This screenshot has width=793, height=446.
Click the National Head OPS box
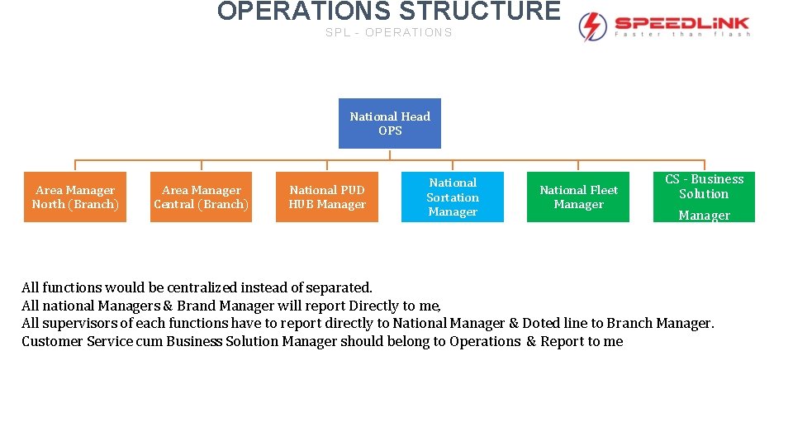390,124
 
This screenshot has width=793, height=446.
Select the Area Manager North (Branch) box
75,197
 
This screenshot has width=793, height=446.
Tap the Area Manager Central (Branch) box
201,197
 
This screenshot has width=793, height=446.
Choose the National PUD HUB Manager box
327,197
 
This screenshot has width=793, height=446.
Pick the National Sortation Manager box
453,197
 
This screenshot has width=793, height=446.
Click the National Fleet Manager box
578,197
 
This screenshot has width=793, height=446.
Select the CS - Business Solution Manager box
704,197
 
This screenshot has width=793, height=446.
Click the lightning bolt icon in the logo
592,26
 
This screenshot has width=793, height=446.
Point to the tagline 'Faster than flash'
682,35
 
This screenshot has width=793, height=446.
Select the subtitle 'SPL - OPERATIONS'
389,33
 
